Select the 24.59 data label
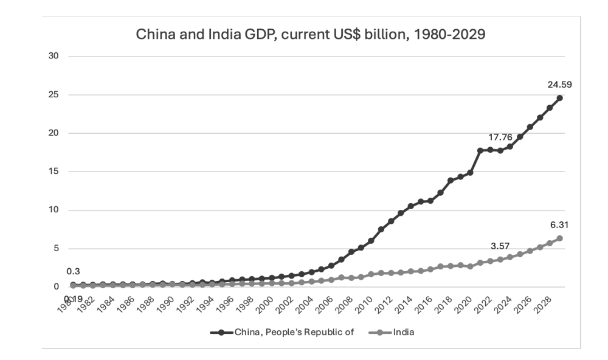[x=559, y=85]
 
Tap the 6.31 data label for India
[x=559, y=225]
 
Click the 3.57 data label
[x=500, y=246]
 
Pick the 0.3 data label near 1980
[x=73, y=271]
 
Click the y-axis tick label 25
[x=54, y=95]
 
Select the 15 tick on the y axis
[x=54, y=171]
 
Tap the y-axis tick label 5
[x=55, y=248]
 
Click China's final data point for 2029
[x=559, y=97]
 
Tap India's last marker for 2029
[x=559, y=238]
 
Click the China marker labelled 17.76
[x=480, y=150]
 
